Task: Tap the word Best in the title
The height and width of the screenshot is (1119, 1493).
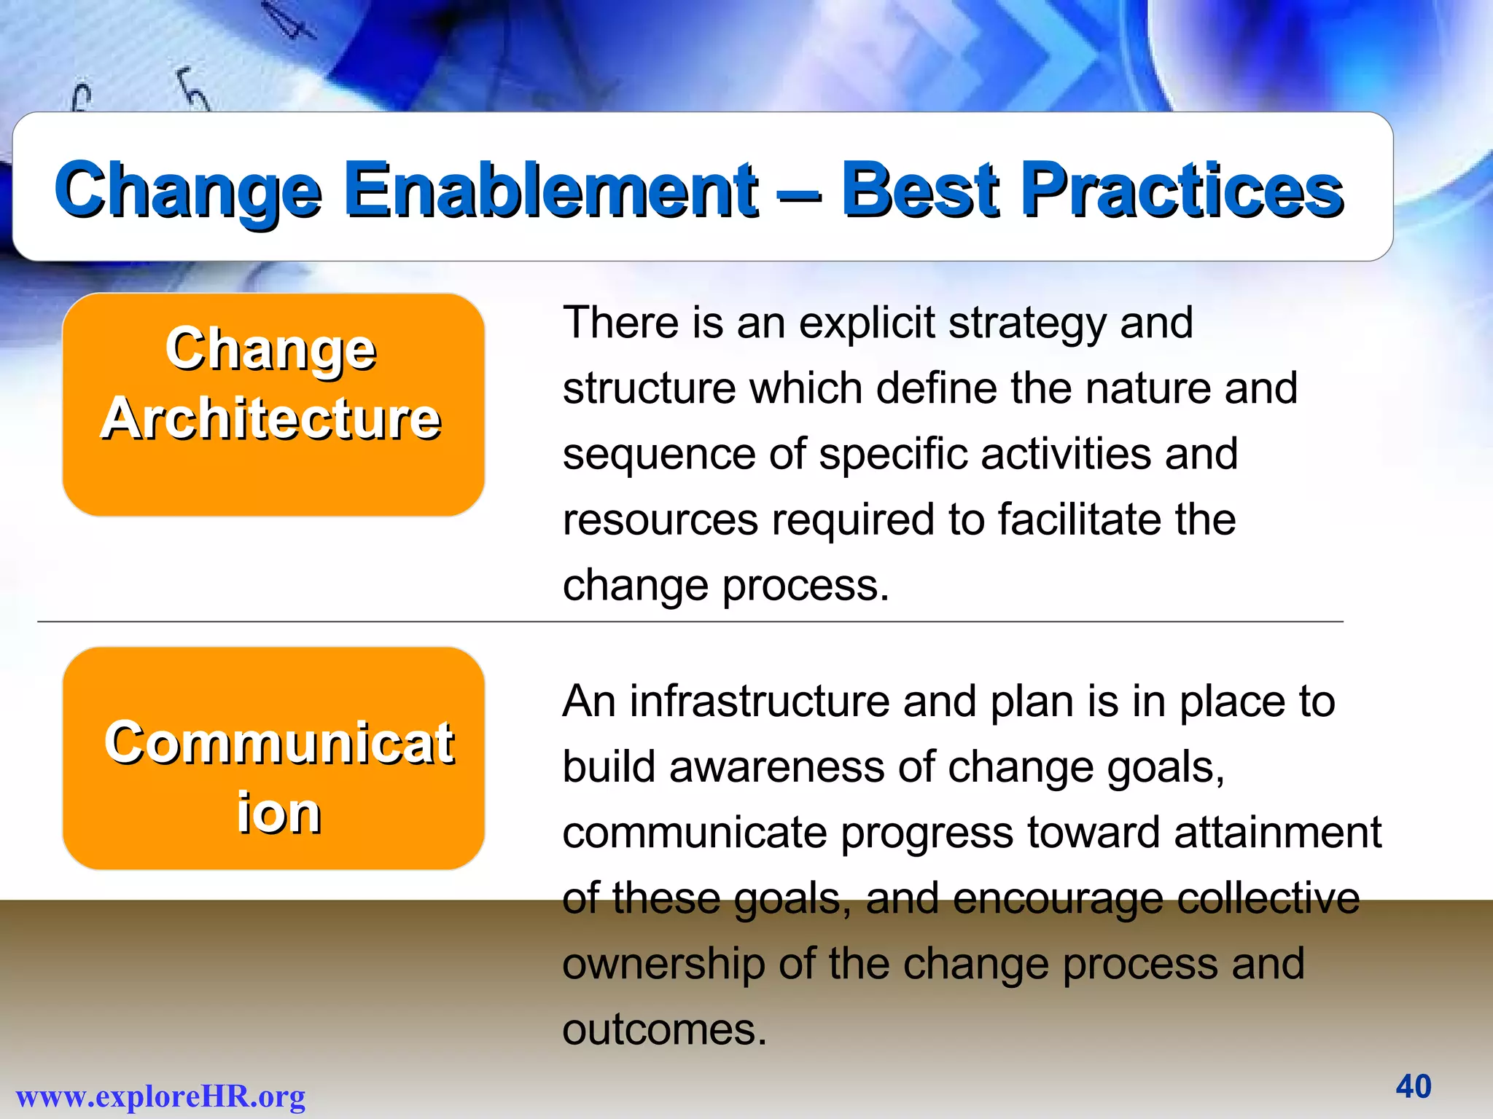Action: [921, 191]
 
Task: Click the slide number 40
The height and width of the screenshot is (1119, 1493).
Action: [1414, 1086]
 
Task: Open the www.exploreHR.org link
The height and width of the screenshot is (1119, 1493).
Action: [160, 1096]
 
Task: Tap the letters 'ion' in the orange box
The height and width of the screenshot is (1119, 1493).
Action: [278, 813]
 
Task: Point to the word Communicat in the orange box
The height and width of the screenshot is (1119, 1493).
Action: [278, 743]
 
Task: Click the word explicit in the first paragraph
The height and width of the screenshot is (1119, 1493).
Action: [867, 323]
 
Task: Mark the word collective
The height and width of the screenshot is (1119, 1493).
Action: [1268, 898]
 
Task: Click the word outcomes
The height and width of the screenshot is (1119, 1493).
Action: [664, 1030]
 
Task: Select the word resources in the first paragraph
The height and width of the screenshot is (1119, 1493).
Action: [660, 520]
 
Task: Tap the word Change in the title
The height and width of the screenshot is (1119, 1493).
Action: [187, 191]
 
